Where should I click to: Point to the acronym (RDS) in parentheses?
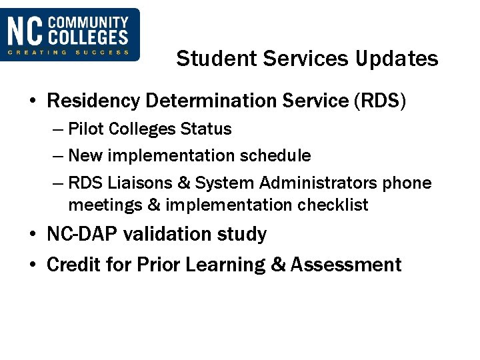[x=378, y=101]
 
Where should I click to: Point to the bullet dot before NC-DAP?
[x=33, y=235]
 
